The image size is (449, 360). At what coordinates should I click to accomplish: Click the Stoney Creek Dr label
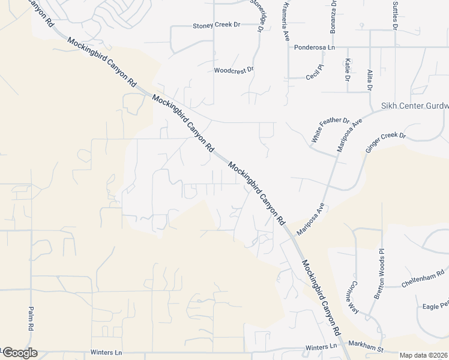(x=216, y=26)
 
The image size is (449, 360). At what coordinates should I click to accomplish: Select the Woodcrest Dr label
(x=234, y=70)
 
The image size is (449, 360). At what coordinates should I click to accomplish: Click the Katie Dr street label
(x=348, y=70)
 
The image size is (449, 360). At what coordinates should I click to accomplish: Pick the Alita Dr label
(x=370, y=80)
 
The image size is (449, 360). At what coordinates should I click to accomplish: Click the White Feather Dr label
(x=330, y=130)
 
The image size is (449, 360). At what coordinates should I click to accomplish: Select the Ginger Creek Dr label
(x=385, y=144)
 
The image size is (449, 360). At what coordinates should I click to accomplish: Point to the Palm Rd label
(x=30, y=319)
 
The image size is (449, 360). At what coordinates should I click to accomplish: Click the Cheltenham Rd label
(x=422, y=279)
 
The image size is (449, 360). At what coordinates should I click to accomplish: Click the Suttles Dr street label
(x=395, y=15)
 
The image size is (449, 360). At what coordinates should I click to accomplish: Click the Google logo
(x=20, y=353)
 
